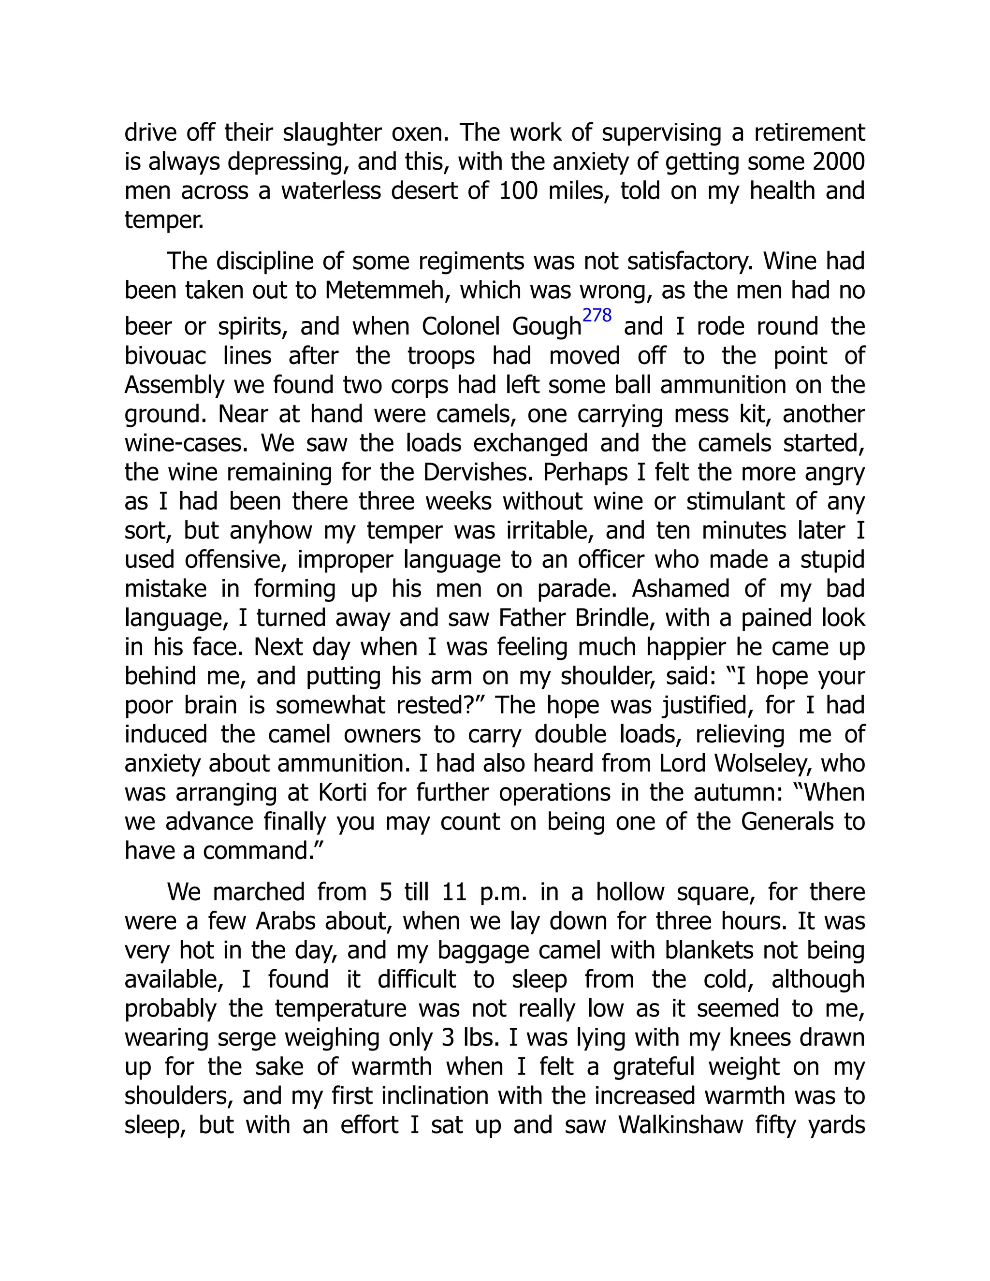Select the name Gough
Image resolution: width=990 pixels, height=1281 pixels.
546,327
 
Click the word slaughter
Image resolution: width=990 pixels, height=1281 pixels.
331,133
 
